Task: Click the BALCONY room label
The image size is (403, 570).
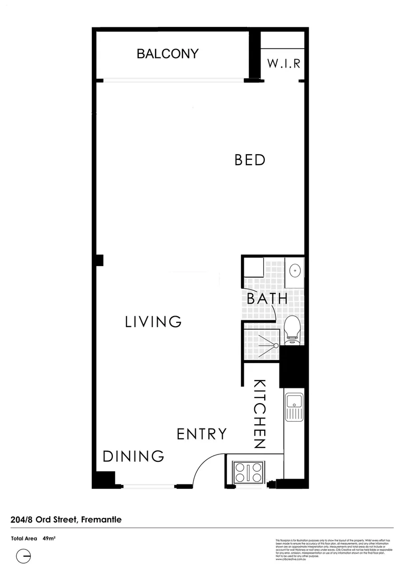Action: [x=168, y=53]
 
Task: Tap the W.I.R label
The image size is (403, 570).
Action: [x=283, y=64]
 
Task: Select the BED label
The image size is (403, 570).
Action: [x=250, y=159]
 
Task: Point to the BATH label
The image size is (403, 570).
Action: [x=267, y=298]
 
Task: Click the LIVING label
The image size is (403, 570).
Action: [x=153, y=321]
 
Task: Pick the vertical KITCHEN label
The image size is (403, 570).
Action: [x=260, y=414]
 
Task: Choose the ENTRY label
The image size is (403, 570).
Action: [x=201, y=434]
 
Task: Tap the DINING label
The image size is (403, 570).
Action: [x=133, y=457]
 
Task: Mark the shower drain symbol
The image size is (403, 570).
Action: [x=275, y=345]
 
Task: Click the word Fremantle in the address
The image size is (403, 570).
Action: [x=101, y=520]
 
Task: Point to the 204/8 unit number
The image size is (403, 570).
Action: [x=22, y=520]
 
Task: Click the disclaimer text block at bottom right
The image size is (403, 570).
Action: [x=334, y=549]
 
